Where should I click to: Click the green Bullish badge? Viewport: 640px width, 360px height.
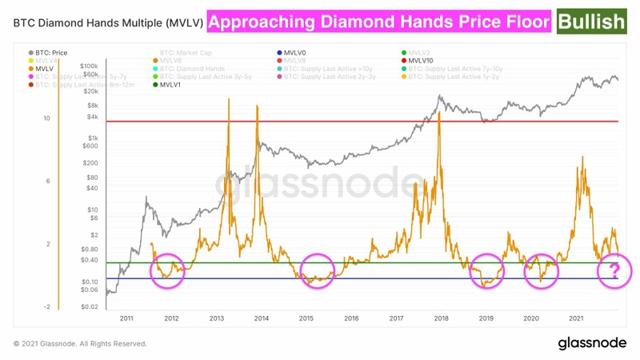591,22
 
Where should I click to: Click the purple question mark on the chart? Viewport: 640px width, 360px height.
614,270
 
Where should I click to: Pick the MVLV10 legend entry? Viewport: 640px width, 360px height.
420,61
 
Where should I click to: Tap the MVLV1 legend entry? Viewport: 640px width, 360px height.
168,84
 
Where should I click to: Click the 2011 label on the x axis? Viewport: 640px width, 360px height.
126,318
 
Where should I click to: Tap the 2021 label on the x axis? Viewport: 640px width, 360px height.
575,318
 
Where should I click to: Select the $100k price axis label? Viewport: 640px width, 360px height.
88,66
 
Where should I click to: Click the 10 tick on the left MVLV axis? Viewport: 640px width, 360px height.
46,118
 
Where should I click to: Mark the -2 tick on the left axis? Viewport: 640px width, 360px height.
46,306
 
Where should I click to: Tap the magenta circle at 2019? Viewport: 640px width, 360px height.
486,270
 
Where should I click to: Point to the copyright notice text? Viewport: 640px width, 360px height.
80,343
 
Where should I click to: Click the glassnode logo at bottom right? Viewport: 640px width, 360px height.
592,342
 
